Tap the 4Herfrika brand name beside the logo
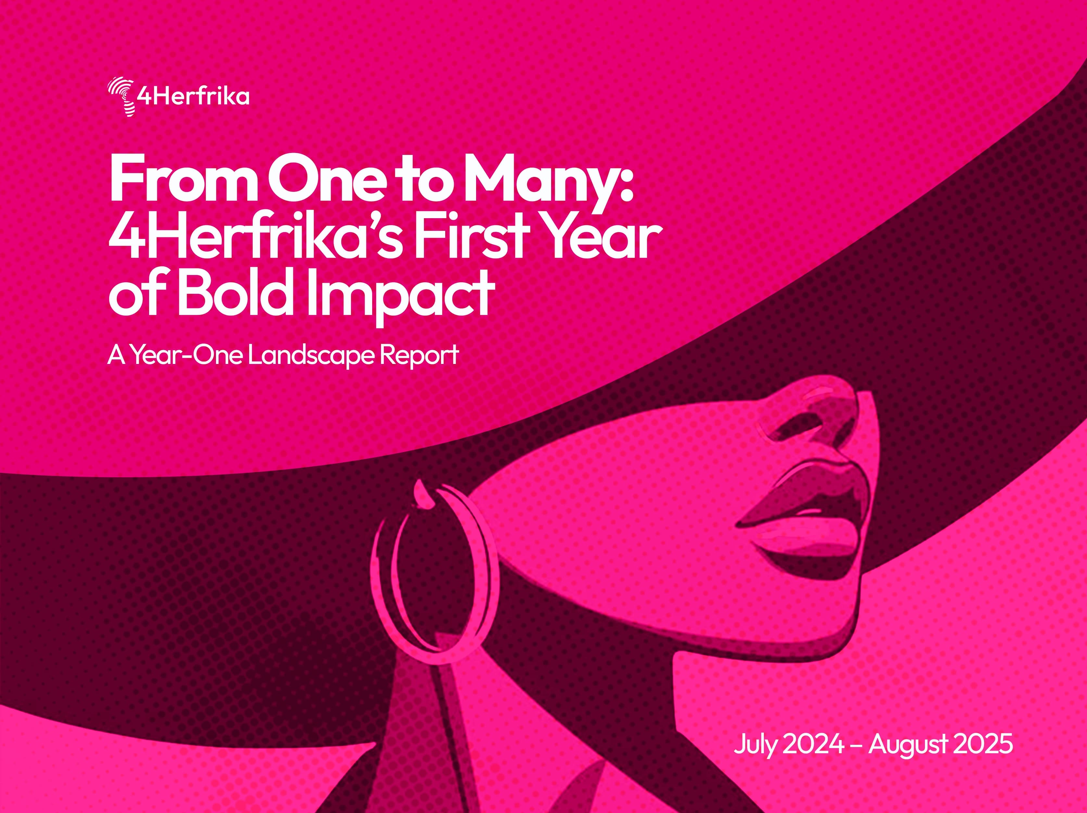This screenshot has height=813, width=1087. pos(193,97)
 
